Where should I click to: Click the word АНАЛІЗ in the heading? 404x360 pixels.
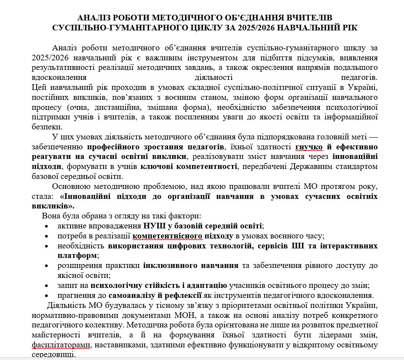93,18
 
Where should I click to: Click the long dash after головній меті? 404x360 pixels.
372,137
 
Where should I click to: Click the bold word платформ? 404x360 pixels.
77,255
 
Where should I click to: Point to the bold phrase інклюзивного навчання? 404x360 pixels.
189,265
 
